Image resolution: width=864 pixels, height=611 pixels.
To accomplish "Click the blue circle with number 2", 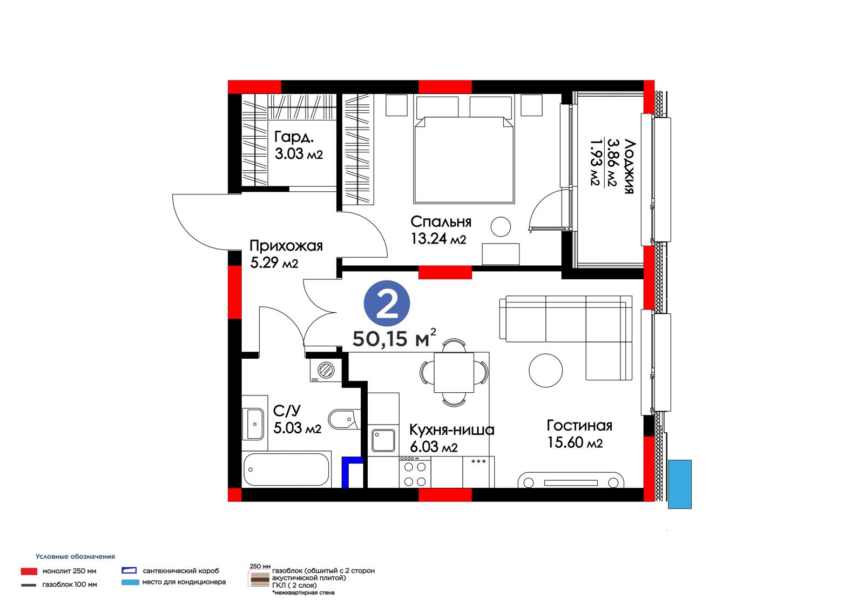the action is (387, 304).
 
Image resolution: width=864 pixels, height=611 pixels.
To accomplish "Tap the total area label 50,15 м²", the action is (394, 338).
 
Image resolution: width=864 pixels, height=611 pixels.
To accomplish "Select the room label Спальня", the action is (441, 221).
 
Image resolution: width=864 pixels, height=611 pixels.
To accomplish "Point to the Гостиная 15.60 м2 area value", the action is (575, 442).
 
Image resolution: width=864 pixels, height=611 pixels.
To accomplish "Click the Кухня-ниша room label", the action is (451, 429).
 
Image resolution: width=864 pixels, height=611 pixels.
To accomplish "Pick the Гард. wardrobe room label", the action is (294, 137).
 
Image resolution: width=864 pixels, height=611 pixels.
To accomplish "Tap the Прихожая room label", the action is (286, 245).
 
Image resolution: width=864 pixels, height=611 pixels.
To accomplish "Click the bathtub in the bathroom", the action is (286, 469).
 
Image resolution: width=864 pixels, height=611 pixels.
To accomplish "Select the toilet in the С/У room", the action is (344, 419).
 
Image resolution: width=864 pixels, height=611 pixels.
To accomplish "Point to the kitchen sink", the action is (383, 440).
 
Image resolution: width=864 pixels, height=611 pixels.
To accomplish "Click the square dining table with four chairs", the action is (454, 372).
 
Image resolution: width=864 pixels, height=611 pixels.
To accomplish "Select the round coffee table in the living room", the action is (545, 371).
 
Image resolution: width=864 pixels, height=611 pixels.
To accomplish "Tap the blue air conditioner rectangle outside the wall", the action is (680, 484).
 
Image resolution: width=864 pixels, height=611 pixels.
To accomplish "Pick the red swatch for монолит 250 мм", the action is (29, 571).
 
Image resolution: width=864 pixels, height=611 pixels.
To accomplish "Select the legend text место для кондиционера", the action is (184, 582).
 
